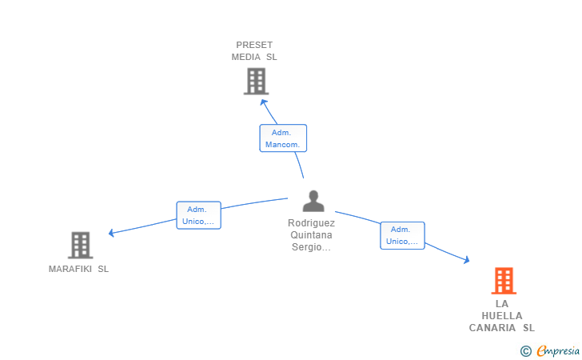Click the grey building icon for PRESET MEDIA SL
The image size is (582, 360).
tap(256, 81)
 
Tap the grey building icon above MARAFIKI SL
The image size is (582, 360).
tap(80, 245)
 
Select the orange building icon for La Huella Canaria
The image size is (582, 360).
tap(504, 281)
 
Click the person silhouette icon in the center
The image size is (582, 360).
tap(313, 201)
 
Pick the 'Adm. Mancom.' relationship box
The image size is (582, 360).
tap(283, 138)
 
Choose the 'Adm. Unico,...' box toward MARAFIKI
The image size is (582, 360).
tap(198, 215)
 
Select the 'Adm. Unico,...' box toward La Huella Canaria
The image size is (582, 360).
tap(402, 235)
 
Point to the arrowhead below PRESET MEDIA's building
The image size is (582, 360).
tap(264, 102)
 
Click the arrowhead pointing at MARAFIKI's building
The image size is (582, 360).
tap(111, 233)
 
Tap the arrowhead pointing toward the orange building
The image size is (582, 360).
tap(467, 259)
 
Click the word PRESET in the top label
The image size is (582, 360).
tap(254, 45)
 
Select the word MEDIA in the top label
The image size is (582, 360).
tap(245, 57)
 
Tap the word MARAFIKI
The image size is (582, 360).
tap(70, 269)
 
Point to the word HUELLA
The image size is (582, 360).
tap(502, 316)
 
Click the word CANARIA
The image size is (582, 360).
tap(492, 328)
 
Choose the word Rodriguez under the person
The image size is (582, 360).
tap(312, 223)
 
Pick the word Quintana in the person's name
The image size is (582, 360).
tap(312, 234)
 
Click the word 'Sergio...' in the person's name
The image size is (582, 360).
tap(312, 246)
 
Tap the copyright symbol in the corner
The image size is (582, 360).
tap(525, 351)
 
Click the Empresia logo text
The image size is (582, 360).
tap(558, 351)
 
